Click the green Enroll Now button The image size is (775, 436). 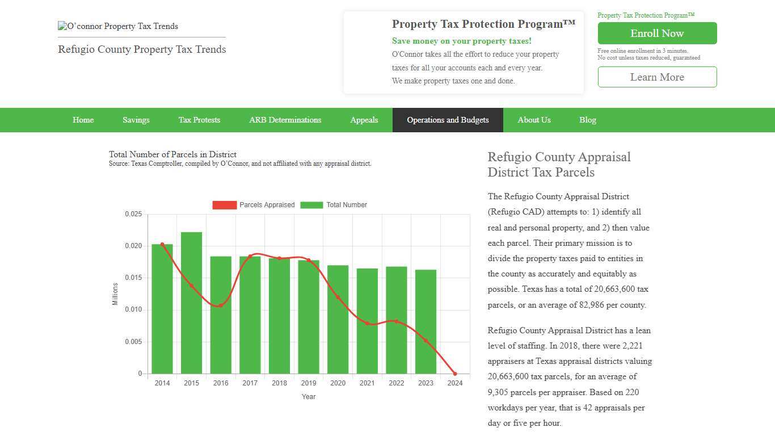(x=657, y=33)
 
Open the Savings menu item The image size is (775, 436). (x=136, y=120)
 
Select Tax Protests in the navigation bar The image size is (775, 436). (x=199, y=120)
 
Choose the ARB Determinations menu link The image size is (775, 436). (x=285, y=120)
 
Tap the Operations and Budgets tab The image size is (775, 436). (x=448, y=120)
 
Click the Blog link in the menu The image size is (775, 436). (x=587, y=120)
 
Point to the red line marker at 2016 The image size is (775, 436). (x=221, y=305)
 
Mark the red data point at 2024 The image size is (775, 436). (x=455, y=374)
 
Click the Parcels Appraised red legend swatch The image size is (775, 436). (x=224, y=205)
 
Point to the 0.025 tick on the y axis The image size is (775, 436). (x=133, y=214)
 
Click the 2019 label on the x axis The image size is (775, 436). (x=309, y=383)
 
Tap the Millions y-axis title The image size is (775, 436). (x=115, y=294)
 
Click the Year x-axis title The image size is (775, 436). (x=309, y=397)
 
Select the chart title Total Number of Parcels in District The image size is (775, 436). (x=172, y=154)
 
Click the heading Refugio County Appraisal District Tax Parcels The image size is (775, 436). (x=559, y=165)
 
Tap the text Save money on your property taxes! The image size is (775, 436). (x=461, y=41)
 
